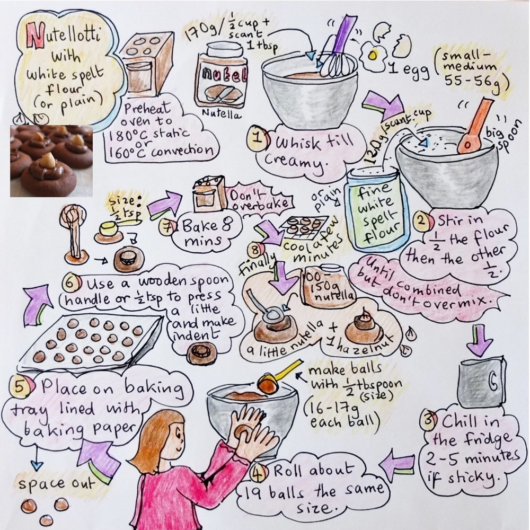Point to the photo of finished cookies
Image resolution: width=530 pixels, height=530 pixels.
click(x=50, y=160)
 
